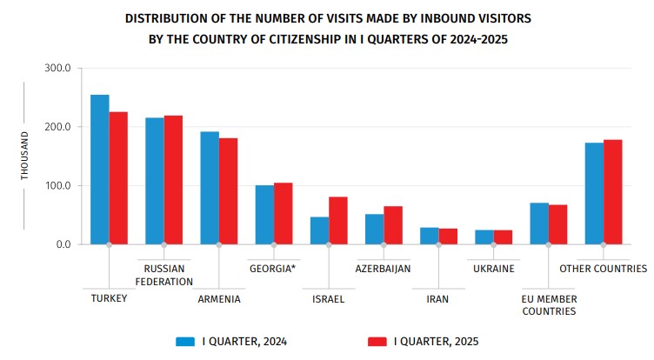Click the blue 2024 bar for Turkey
coord(100,170)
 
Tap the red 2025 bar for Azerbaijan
coord(393,225)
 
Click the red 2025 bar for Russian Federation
coord(173,180)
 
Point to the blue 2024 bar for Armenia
coord(210,188)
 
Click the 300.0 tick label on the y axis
coord(67,69)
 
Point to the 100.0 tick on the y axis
coord(67,186)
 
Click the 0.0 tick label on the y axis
coord(71,244)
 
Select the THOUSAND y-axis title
coord(25,156)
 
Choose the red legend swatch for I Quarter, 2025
coord(378,342)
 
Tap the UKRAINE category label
coord(493,269)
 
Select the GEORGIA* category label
coord(273,269)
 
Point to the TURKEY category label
coord(109,298)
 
